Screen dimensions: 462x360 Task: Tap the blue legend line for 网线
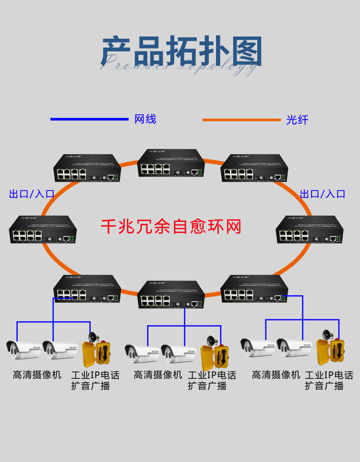[90, 119]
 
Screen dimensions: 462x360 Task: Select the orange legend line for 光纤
[241, 120]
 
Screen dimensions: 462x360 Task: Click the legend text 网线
[145, 119]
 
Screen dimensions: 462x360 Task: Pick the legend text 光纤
[297, 120]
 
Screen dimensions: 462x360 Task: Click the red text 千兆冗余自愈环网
[171, 226]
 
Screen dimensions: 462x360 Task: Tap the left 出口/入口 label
[32, 194]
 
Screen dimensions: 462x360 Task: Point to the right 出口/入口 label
[323, 194]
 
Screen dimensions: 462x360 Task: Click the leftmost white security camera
[23, 350]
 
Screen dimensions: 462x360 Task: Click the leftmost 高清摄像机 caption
[37, 375]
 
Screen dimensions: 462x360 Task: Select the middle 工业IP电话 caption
[212, 375]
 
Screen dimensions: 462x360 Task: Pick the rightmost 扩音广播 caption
[324, 386]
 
